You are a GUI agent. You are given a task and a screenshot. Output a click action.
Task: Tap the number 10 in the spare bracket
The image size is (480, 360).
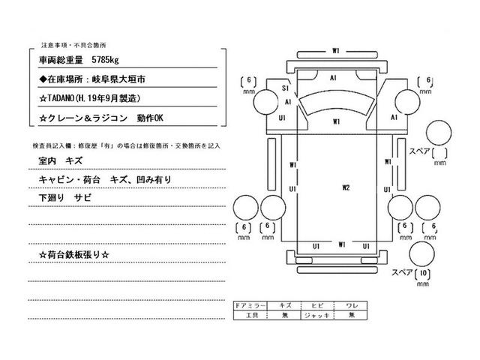424,271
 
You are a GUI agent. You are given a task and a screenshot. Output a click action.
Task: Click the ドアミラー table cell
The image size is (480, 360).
249,307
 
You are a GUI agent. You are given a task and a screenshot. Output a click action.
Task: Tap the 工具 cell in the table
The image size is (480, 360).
249,316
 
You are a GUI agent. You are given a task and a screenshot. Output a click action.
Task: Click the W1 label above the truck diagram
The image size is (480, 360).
337,50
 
